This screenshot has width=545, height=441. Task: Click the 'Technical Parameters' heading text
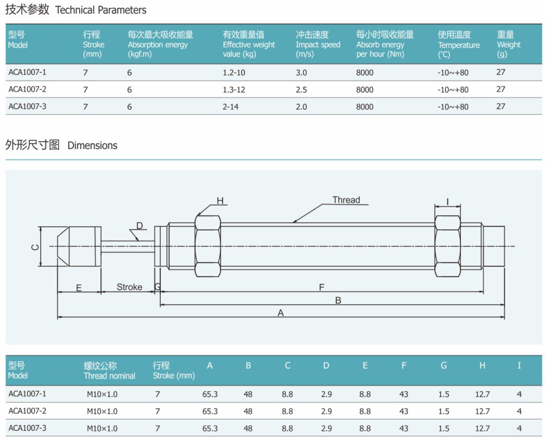tap(100, 10)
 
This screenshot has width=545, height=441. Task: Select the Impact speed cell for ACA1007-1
tap(301, 72)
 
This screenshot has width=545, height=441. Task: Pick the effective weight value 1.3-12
tap(234, 90)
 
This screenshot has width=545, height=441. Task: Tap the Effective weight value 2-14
tap(230, 107)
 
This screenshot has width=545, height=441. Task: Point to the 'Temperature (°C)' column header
tap(458, 45)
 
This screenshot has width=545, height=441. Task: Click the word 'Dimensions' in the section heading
tap(92, 146)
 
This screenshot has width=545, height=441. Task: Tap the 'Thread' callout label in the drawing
tap(346, 200)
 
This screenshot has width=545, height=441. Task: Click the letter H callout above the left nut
tap(220, 201)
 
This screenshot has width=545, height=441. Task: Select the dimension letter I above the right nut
tap(447, 202)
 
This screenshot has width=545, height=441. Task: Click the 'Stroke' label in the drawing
tap(129, 287)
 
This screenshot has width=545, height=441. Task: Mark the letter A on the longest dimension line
tap(280, 313)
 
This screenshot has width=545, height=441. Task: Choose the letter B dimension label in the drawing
tap(338, 300)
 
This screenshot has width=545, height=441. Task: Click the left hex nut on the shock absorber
tap(207, 246)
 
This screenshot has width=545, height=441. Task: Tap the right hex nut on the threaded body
tap(447, 246)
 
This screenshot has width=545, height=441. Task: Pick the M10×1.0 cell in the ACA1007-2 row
tap(102, 411)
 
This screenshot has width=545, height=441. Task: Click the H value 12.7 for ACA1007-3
tap(482, 428)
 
